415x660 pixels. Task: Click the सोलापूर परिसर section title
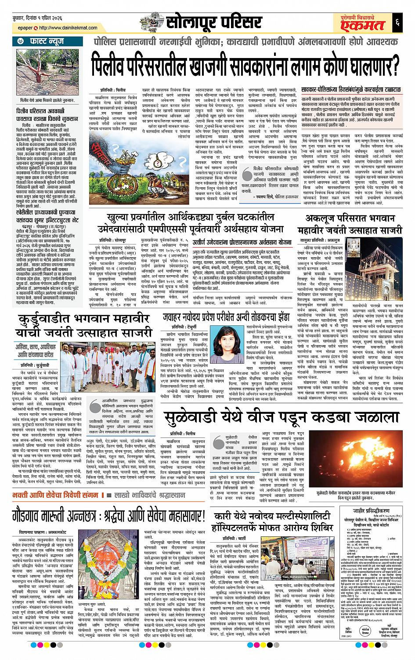tap(206, 22)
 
